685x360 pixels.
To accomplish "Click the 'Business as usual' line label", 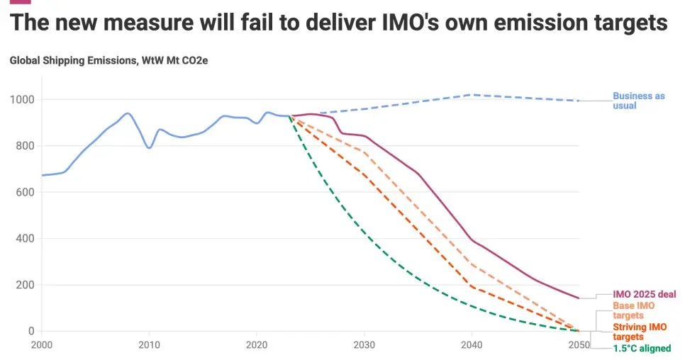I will tap(638, 101).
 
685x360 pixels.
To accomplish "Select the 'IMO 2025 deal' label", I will tap(644, 294).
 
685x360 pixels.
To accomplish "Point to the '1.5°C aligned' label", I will tap(642, 349).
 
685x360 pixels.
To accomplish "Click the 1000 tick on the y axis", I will tap(22, 100).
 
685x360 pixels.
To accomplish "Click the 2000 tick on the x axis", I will tap(42, 345).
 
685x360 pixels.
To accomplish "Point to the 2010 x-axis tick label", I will tap(149, 345).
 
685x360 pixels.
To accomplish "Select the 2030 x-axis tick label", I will tap(364, 345).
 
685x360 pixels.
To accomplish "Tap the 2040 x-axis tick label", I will tap(472, 345).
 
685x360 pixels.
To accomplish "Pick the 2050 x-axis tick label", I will tap(579, 345).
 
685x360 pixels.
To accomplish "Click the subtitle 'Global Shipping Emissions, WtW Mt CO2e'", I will tap(108, 60).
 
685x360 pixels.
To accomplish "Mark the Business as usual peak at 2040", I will tap(472, 94).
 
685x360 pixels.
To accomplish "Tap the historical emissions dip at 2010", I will tap(149, 147).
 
